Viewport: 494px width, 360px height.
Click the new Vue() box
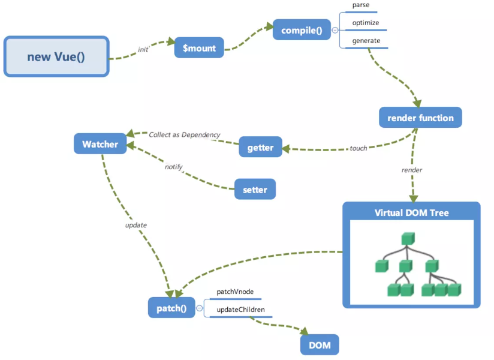point(56,57)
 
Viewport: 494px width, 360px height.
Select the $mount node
point(199,48)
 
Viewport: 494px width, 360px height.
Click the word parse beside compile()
point(361,5)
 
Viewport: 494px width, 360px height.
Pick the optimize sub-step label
point(365,23)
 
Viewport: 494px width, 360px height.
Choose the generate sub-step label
point(366,40)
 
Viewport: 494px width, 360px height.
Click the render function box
point(420,118)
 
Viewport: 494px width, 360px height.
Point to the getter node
point(260,147)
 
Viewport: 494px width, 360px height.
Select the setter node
point(255,189)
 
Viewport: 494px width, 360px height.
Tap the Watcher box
point(100,144)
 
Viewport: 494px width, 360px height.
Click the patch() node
point(171,308)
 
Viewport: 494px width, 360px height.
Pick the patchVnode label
point(235,292)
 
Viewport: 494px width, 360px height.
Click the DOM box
point(319,345)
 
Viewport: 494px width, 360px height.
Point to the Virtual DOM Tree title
point(411,212)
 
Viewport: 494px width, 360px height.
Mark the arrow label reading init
point(143,50)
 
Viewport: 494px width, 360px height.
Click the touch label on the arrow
point(359,148)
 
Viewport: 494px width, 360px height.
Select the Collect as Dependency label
point(184,135)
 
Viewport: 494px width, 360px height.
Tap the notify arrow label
point(173,167)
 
